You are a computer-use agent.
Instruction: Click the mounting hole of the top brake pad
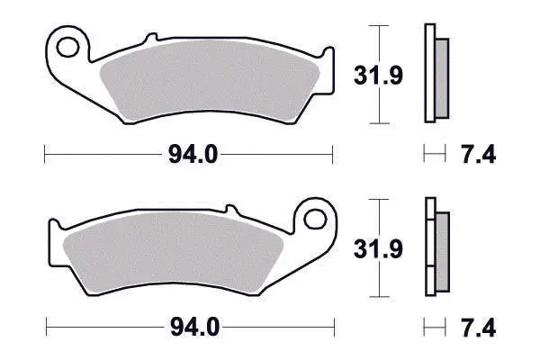tap(67, 47)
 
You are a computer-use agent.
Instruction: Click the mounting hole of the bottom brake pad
tap(315, 219)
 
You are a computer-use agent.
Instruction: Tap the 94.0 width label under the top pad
tap(193, 155)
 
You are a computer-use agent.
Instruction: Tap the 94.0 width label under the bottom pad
tap(194, 328)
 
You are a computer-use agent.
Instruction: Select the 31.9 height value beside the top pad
tap(378, 75)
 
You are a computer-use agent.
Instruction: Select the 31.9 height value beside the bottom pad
tap(378, 248)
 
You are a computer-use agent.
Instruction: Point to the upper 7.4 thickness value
tap(479, 155)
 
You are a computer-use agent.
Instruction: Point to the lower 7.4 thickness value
tap(479, 328)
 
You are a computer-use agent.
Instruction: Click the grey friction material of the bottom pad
tap(173, 252)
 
